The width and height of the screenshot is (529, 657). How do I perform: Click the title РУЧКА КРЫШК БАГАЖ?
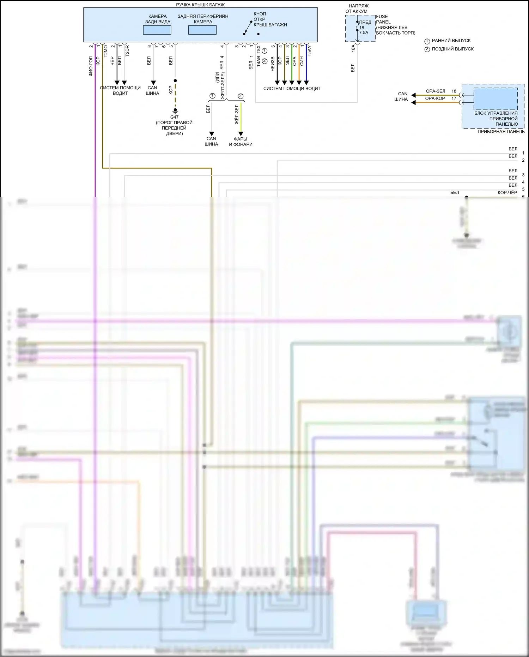[x=200, y=5]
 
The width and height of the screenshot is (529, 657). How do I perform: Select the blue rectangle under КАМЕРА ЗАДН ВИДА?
[x=157, y=30]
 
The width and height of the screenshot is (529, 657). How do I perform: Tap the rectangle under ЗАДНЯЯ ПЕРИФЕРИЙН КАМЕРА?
[x=202, y=30]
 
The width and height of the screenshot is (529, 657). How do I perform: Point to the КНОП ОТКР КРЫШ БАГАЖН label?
[x=270, y=19]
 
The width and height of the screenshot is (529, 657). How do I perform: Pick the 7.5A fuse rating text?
[x=364, y=32]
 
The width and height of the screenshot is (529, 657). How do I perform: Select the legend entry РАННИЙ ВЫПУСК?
[x=451, y=41]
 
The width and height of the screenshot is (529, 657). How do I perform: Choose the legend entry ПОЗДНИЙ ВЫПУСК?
[x=452, y=49]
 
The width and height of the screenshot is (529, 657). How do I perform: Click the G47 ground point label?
[x=174, y=117]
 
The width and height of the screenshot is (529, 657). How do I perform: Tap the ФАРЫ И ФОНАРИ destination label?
[x=241, y=142]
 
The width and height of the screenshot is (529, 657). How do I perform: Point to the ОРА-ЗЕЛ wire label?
[x=436, y=91]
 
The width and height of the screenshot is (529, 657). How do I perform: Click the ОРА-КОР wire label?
[x=435, y=98]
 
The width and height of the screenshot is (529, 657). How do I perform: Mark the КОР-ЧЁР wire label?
[x=507, y=192]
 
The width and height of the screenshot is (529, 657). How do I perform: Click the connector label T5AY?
[x=309, y=50]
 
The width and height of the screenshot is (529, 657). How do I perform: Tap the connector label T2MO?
[x=105, y=51]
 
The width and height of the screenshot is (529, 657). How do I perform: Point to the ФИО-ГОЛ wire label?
[x=91, y=66]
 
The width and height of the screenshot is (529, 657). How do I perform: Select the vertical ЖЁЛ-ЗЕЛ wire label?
[x=237, y=114]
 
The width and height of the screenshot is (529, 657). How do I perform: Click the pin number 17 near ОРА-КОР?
[x=454, y=98]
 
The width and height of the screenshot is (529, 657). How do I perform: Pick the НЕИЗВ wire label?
[x=273, y=64]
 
